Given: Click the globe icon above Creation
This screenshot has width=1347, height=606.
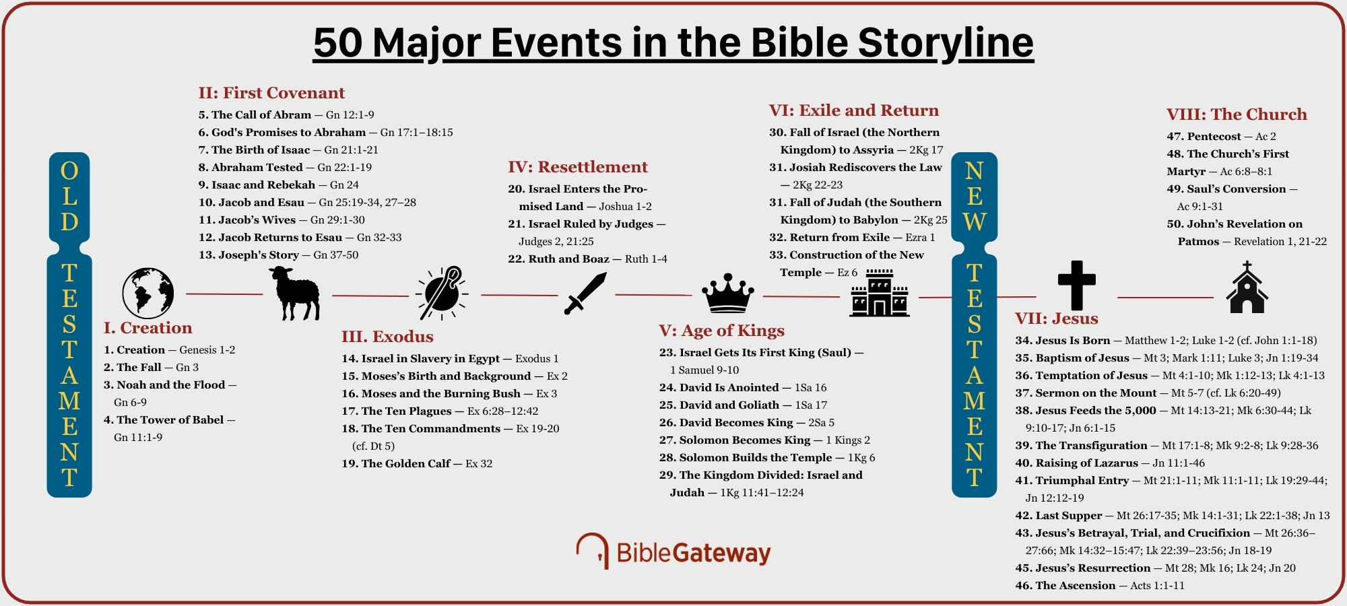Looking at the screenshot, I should click(148, 293).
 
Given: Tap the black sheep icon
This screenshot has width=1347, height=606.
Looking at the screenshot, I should click(295, 293).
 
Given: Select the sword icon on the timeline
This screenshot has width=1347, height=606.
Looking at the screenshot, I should click(585, 294).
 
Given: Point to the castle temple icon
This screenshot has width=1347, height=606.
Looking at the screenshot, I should click(879, 293).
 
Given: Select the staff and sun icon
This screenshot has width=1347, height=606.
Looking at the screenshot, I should click(442, 293).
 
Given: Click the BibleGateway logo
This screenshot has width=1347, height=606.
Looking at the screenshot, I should click(673, 552).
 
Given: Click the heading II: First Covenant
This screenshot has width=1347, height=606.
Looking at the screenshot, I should click(271, 93).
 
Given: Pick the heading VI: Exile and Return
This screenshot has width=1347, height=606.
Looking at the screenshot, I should click(853, 110).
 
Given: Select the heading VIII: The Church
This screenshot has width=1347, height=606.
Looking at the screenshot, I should click(1237, 114).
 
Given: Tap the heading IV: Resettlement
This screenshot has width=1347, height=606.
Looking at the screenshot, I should click(577, 167).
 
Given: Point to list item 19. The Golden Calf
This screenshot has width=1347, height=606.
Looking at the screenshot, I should click(405, 464).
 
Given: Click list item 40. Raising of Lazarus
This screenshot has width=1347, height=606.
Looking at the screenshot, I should click(1086, 463).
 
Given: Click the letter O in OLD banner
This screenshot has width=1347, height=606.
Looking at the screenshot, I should click(69, 171).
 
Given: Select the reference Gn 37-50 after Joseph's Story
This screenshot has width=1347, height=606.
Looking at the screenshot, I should click(336, 255).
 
